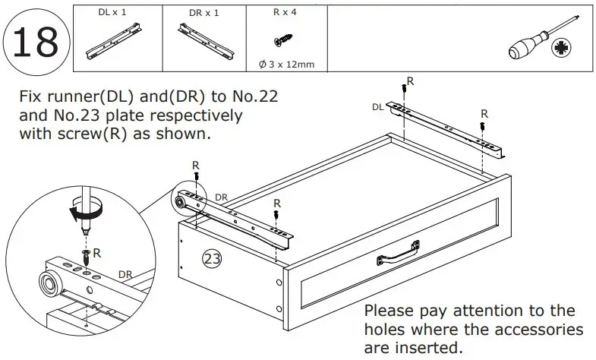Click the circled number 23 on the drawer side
[213, 259]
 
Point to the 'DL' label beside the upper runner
[377, 107]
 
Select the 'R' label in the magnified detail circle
[97, 251]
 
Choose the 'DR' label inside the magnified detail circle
[125, 274]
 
